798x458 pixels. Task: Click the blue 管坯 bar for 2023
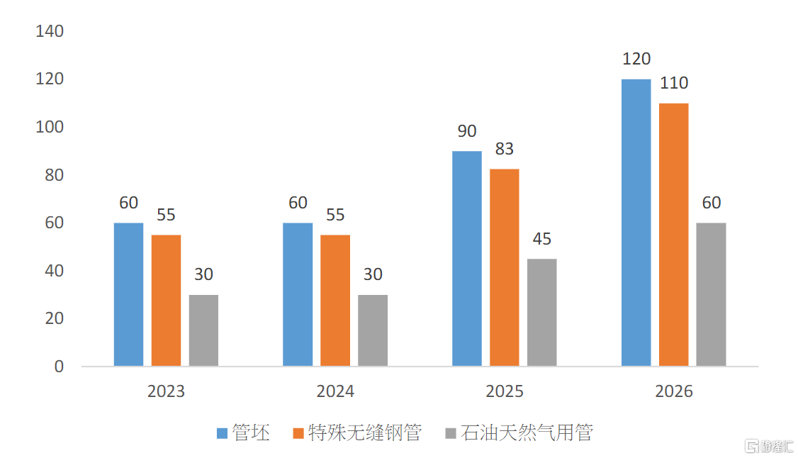128,294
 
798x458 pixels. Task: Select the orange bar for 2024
335,300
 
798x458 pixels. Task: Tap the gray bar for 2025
541,312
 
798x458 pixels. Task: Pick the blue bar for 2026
636,223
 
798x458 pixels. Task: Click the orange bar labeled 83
504,267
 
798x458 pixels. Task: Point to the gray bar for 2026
711,294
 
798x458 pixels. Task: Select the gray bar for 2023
203,330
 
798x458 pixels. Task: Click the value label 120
636,59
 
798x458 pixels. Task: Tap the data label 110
673,83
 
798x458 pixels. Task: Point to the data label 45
541,239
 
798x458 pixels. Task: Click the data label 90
467,131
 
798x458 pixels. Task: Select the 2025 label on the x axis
504,391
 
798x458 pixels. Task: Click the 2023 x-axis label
166,391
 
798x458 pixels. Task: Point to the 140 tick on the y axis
49,31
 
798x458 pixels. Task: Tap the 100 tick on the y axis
49,127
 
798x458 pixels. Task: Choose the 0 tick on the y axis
58,367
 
